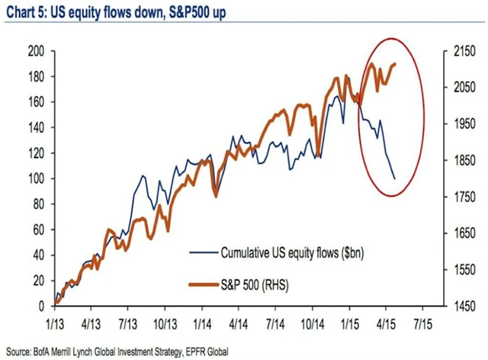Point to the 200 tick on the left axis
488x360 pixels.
tap(36, 51)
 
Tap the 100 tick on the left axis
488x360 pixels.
tap(36, 178)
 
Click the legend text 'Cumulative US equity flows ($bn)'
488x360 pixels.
tap(281, 252)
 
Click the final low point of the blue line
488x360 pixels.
tap(394, 178)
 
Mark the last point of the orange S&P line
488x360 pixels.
tap(395, 64)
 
